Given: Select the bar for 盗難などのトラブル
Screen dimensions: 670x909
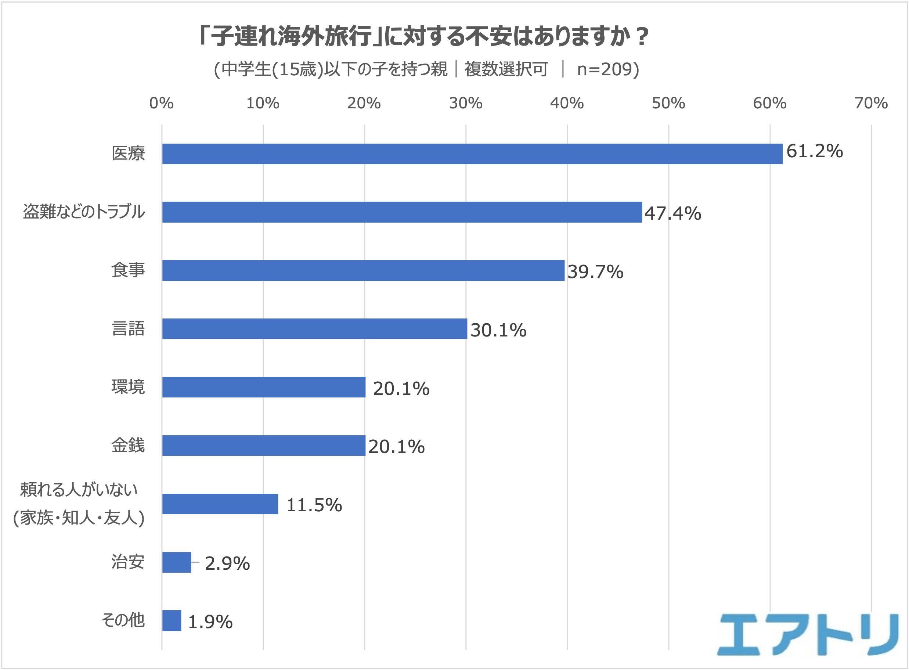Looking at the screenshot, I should pos(402,212).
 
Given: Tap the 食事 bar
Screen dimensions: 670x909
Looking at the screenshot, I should pos(363,270).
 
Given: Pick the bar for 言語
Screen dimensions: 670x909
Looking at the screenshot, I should pos(314,328).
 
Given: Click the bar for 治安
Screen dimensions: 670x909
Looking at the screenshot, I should pos(176,562).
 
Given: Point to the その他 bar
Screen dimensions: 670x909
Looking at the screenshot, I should pos(172,620).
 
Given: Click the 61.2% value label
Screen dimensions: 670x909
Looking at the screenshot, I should pos(814,151).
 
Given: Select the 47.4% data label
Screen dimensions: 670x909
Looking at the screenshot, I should pos(672,213).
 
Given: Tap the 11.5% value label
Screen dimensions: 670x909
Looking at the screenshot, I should pos(314,505).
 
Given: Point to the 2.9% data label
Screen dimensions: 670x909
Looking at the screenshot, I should pos(227,563).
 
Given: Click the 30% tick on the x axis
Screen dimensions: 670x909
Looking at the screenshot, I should pos(465,104).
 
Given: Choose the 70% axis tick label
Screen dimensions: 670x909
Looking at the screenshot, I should pos(871,104).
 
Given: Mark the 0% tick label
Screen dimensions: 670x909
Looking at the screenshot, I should pos(161,104).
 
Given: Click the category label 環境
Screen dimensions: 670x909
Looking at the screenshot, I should pos(128,387).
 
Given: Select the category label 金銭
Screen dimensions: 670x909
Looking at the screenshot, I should pos(128,445).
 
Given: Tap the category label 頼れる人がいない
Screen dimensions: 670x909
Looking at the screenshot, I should pos(79,490).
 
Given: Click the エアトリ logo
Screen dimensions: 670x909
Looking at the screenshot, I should pos(808,635).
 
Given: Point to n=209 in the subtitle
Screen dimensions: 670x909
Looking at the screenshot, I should pos(608,69).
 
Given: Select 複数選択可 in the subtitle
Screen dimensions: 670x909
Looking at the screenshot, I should pos(506,69).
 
